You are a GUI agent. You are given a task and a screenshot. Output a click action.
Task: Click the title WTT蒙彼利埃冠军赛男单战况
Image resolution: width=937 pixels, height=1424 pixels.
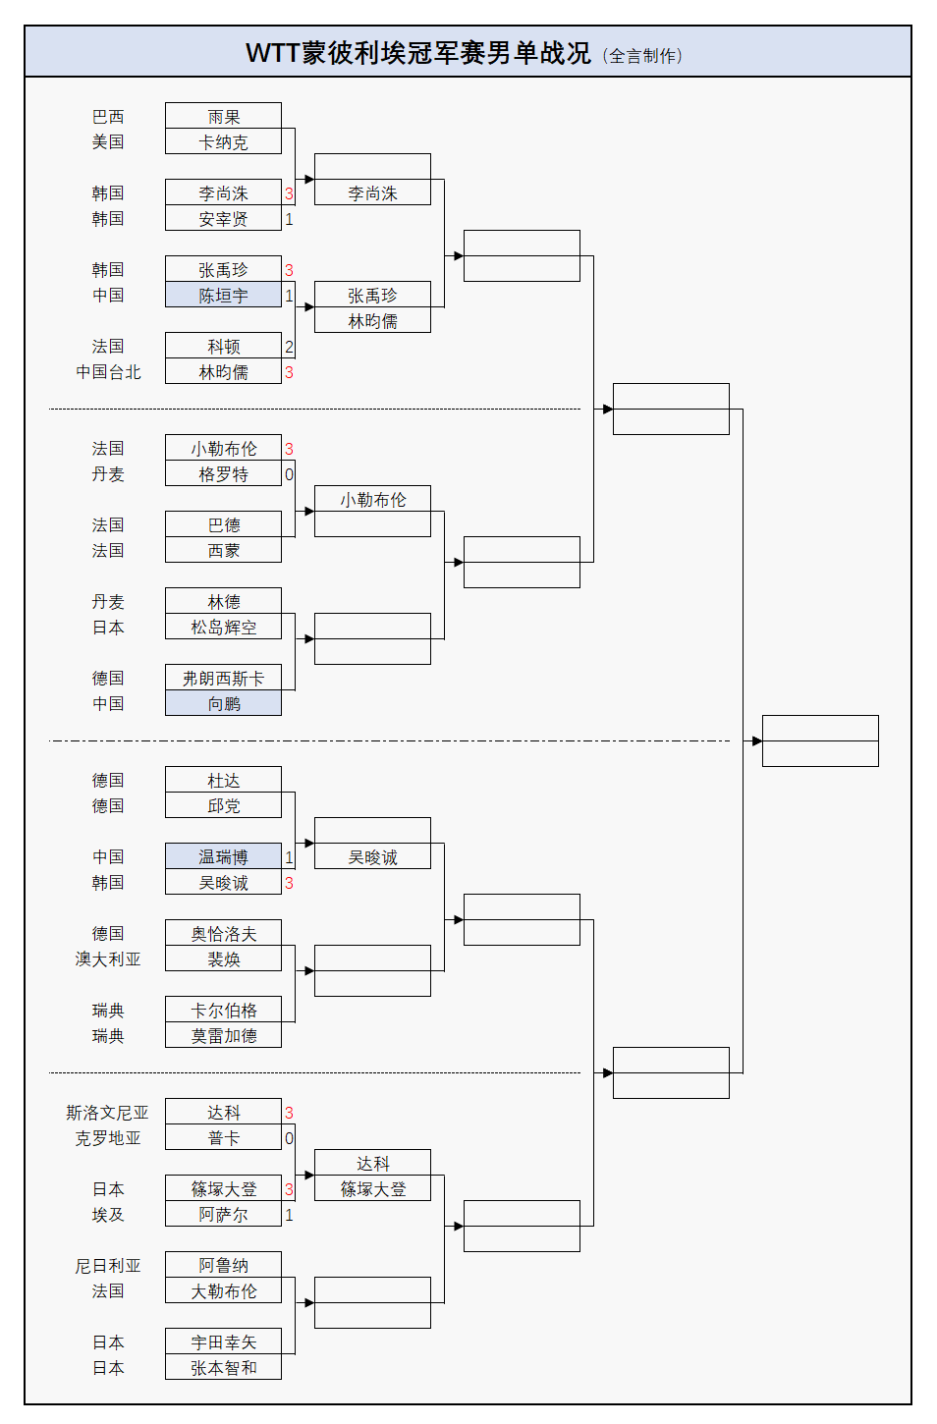click(x=417, y=53)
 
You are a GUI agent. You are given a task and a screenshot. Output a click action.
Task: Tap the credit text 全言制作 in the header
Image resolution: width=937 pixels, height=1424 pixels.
click(x=644, y=56)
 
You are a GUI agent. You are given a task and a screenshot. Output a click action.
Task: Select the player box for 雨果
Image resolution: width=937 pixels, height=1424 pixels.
click(x=223, y=116)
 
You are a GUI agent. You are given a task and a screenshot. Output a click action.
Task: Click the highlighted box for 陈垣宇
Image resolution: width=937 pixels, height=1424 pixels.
click(x=223, y=295)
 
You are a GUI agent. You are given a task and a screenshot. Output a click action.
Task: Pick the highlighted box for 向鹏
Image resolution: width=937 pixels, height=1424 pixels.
click(x=223, y=703)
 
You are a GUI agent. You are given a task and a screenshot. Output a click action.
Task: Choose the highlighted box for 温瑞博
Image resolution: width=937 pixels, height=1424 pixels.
click(x=223, y=856)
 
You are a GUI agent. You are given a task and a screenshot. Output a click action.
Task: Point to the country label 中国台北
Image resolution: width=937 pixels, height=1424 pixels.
click(x=108, y=372)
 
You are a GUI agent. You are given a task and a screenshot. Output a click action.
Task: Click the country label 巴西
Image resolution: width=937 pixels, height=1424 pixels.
click(x=108, y=116)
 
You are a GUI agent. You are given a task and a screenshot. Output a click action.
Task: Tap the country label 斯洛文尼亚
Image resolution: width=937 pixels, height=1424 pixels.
click(x=107, y=1113)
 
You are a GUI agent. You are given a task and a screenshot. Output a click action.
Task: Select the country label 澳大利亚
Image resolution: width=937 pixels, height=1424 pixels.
click(x=108, y=959)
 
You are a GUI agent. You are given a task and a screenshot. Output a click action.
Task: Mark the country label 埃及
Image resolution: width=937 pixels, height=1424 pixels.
click(x=108, y=1215)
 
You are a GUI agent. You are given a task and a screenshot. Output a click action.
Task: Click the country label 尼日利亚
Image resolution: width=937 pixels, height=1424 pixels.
click(x=108, y=1266)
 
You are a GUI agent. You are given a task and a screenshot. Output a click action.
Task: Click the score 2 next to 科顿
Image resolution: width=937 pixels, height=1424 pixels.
click(x=289, y=347)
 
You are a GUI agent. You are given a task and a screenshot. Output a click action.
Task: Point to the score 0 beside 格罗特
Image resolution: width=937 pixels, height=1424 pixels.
click(x=289, y=474)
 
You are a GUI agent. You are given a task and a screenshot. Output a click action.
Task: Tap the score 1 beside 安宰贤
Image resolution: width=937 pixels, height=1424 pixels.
click(x=289, y=219)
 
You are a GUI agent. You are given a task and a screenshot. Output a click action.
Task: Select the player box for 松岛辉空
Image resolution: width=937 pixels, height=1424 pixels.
click(x=223, y=627)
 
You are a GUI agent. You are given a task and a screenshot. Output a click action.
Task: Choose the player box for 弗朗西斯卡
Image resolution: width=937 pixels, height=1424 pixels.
click(x=223, y=678)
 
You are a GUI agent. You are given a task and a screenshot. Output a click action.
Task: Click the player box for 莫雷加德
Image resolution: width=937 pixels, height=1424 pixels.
click(x=223, y=1035)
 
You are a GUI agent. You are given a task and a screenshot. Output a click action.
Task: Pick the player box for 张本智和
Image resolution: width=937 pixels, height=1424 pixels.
click(x=223, y=1367)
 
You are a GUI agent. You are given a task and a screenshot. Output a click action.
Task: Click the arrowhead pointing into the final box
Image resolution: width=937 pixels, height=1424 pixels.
click(x=757, y=740)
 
